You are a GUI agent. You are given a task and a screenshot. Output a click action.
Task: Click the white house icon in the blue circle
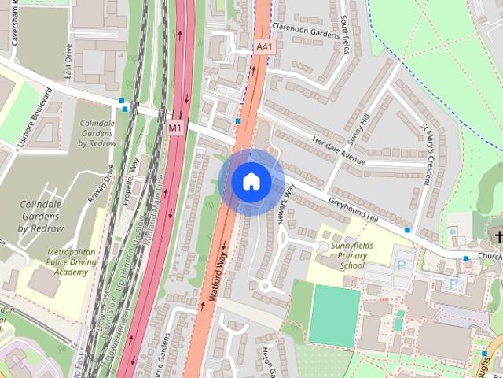251,182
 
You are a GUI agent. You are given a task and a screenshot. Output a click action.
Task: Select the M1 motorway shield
174,127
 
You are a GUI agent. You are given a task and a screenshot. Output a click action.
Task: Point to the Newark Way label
285,204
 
